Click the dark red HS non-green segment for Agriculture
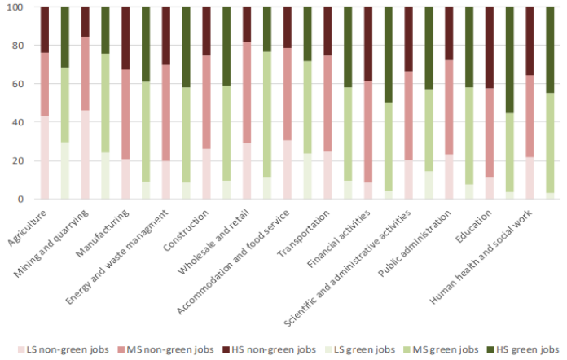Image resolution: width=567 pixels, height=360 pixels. click(45, 29)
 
